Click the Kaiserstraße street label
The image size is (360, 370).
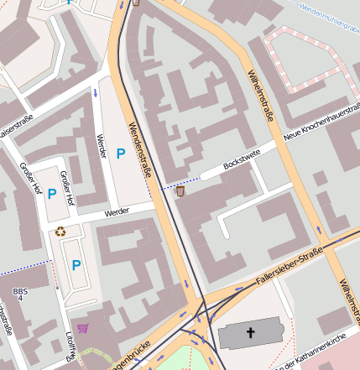click(x=16, y=125)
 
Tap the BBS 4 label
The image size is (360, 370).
click(x=18, y=294)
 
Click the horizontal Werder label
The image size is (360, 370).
click(x=117, y=213)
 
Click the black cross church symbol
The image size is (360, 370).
click(x=250, y=333)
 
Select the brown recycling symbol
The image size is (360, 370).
click(x=60, y=232)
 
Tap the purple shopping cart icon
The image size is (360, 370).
click(x=82, y=328)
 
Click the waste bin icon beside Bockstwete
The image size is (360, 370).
click(x=180, y=191)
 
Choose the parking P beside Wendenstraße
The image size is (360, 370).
click(x=120, y=154)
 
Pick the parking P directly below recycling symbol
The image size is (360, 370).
click(x=76, y=265)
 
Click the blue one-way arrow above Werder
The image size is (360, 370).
click(x=96, y=91)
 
